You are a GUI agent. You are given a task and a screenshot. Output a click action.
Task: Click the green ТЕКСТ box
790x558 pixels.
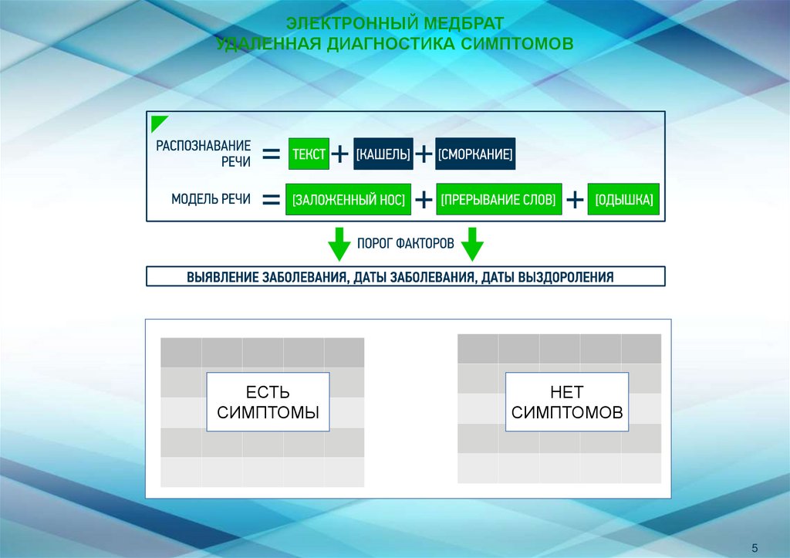click(x=309, y=154)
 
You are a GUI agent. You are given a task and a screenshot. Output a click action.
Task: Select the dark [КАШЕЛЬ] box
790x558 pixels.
click(x=383, y=154)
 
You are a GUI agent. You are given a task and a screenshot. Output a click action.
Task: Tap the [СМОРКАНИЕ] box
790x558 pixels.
click(x=475, y=154)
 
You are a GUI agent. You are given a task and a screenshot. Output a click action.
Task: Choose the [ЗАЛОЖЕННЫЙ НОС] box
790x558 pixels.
click(x=349, y=200)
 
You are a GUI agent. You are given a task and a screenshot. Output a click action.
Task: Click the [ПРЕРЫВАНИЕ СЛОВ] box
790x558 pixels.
click(x=498, y=200)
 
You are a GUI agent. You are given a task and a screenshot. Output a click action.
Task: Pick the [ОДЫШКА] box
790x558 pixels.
click(x=624, y=200)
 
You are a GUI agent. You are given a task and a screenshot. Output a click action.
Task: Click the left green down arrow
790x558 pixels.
click(x=338, y=244)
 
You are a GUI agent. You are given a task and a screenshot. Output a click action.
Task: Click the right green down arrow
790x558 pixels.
click(x=472, y=244)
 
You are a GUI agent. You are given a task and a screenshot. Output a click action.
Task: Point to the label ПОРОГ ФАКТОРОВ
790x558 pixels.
click(x=405, y=242)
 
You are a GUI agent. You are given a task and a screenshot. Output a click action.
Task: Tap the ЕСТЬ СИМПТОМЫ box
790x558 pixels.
click(x=268, y=402)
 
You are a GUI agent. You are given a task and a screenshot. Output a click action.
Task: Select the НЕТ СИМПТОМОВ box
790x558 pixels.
click(x=567, y=401)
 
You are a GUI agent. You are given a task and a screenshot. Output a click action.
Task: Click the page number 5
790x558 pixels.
click(x=754, y=547)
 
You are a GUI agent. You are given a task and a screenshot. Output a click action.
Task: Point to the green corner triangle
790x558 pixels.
click(x=157, y=122)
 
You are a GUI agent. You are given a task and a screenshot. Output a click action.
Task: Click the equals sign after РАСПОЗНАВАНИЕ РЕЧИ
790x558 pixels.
click(x=271, y=155)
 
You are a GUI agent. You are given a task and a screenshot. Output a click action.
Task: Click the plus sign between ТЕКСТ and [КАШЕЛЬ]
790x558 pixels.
click(x=340, y=155)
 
